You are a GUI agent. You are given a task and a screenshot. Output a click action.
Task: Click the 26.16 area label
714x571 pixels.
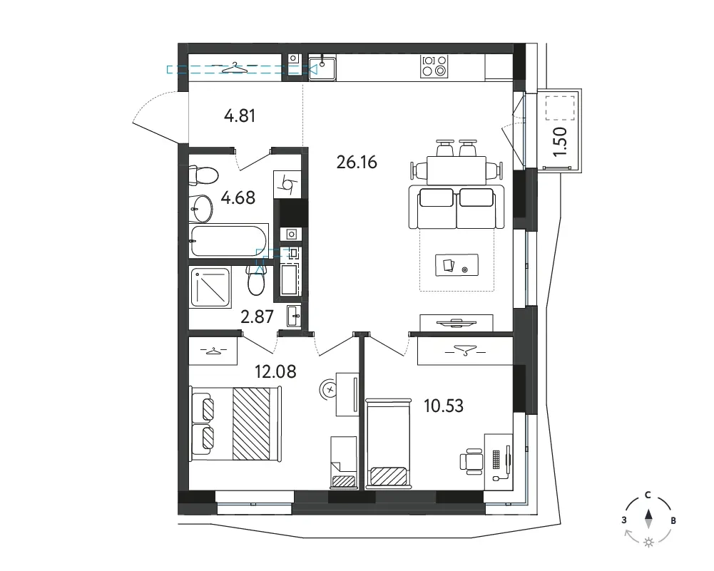[x=357, y=162]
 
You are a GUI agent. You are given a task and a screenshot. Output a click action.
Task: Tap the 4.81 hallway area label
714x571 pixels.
[x=240, y=115]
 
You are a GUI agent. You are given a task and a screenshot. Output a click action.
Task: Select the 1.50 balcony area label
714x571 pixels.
[x=561, y=141]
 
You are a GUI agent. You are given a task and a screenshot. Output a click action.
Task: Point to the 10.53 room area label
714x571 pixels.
[x=444, y=406]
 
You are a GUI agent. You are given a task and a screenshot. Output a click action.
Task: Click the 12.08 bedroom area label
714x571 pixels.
[x=275, y=371]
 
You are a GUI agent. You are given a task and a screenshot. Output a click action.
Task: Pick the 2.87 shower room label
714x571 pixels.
[x=257, y=317]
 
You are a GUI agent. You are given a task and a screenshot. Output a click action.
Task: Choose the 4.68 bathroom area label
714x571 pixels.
[x=238, y=198]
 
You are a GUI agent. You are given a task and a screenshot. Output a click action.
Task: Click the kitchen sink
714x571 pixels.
[x=322, y=68]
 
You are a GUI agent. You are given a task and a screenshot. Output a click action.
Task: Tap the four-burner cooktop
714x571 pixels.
[x=434, y=66]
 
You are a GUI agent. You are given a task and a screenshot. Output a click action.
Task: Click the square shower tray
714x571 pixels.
[x=210, y=287]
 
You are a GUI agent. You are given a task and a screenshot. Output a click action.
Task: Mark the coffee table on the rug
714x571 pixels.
[x=457, y=264]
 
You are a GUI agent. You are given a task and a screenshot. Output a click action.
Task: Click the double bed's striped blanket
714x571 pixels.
[x=251, y=423]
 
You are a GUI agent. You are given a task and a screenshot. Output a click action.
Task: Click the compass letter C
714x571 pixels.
[x=648, y=495]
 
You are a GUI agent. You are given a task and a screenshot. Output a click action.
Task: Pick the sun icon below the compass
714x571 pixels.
[x=648, y=542]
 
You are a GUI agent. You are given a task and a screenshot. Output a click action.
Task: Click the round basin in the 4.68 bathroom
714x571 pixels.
[x=200, y=209]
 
